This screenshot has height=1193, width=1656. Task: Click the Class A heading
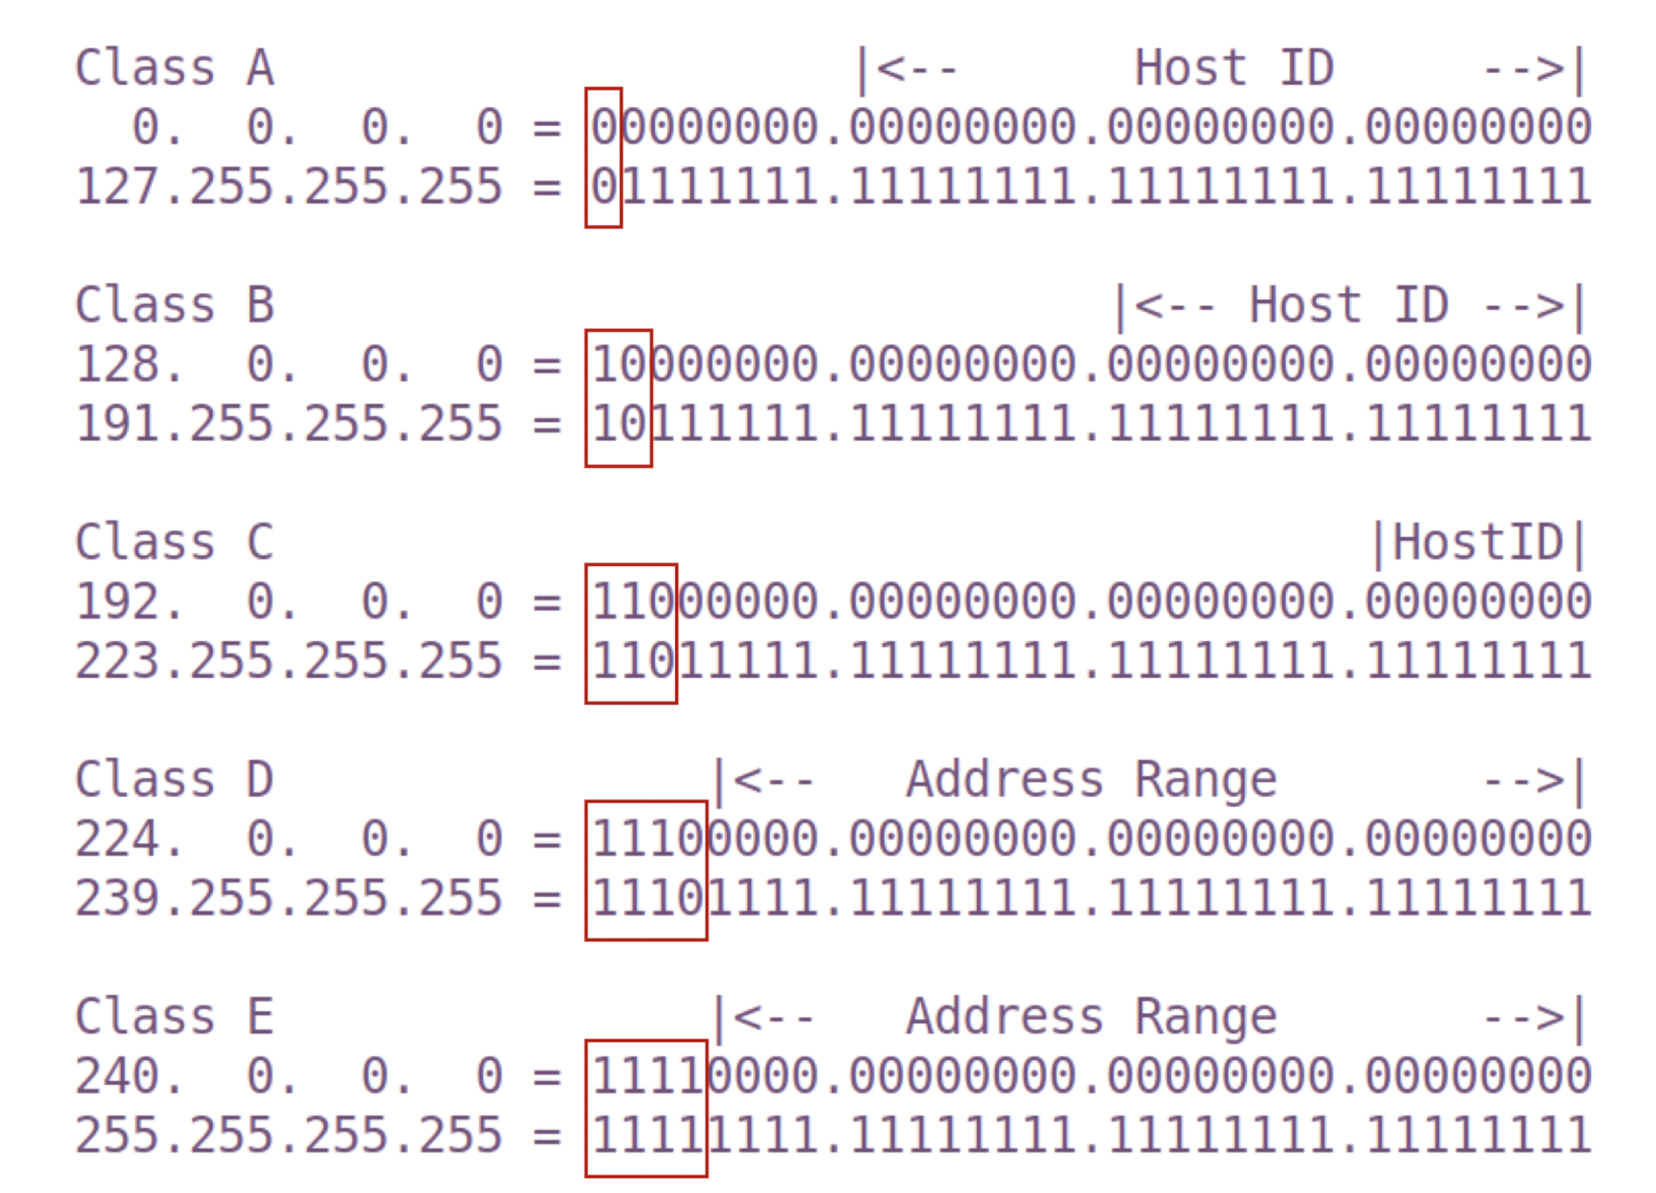coord(174,68)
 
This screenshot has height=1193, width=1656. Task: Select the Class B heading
coord(174,305)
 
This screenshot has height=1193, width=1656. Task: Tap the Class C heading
coord(174,542)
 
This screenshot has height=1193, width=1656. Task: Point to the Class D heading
coord(174,779)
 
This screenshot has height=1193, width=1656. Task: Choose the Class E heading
coord(174,1017)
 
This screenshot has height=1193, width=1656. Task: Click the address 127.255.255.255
coord(289,187)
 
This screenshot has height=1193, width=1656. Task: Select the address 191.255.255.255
coord(289,424)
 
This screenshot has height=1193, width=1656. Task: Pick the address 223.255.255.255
coord(289,661)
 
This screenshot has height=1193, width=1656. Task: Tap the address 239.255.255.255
coord(289,898)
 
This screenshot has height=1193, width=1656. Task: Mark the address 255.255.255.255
coord(289,1135)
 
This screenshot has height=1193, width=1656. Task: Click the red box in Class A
coord(604,157)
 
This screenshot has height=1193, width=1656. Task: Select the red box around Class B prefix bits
coord(618,398)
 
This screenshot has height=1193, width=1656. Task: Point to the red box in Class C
coord(631,633)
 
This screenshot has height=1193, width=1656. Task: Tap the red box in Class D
coord(646,870)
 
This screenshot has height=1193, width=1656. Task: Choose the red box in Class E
coord(646,1108)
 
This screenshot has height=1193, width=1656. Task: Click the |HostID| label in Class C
coord(1478,542)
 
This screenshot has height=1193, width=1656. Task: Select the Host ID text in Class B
coord(1348,305)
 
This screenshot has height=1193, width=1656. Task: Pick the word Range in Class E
coord(1206,1017)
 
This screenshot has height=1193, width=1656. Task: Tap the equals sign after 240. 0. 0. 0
coord(547,1076)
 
